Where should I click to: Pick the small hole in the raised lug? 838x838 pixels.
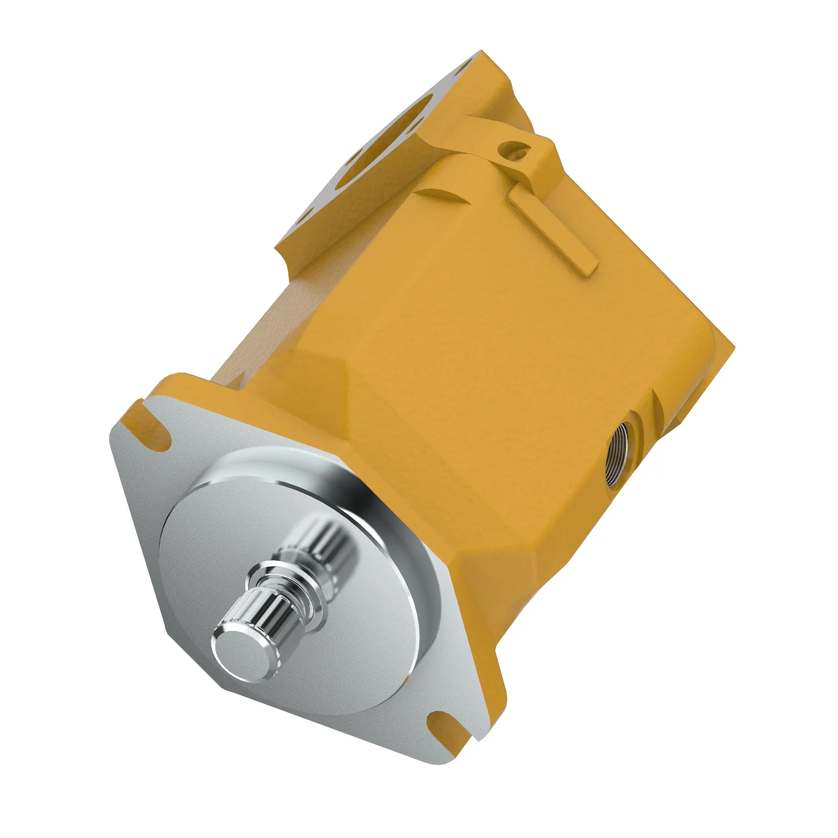(513, 150)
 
